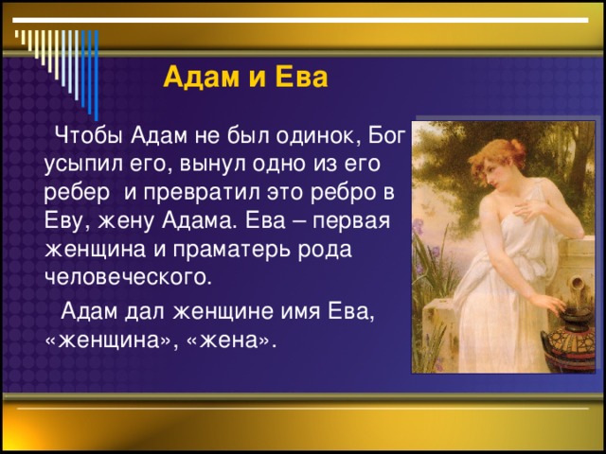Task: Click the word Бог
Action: pyautogui.click(x=387, y=135)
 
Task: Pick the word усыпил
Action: pyautogui.click(x=82, y=165)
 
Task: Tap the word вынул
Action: pyautogui.click(x=214, y=165)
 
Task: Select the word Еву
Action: pyautogui.click(x=65, y=221)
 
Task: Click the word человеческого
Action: pyautogui.click(x=129, y=278)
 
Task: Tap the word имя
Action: pyautogui.click(x=300, y=312)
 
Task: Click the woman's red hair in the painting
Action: pyautogui.click(x=499, y=154)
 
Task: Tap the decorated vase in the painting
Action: pyautogui.click(x=568, y=340)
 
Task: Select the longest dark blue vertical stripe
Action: pyautogui.click(x=97, y=76)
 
